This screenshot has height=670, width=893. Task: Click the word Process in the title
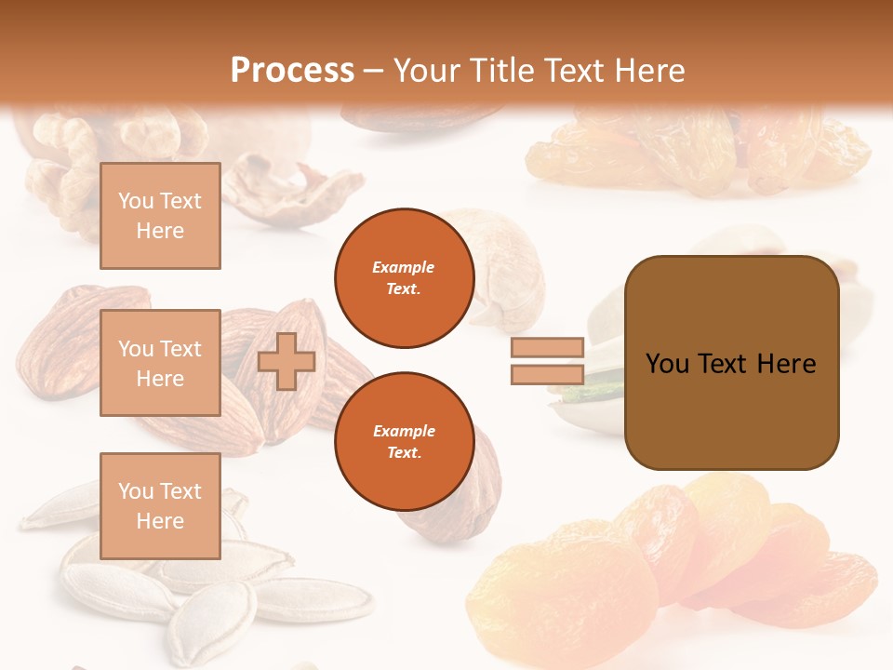coord(292,70)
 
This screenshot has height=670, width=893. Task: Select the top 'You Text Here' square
coord(160,216)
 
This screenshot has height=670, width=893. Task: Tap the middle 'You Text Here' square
coord(160,363)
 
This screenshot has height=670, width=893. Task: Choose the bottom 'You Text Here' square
coord(160,505)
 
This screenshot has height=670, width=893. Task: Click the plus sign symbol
coord(287,361)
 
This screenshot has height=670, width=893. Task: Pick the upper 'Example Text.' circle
coord(404,277)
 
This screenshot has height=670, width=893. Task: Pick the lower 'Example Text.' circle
coord(404,441)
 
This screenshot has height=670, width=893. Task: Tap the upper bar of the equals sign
coord(548,347)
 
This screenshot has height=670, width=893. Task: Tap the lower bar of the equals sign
coord(548,374)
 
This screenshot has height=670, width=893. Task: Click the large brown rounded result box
coord(731,363)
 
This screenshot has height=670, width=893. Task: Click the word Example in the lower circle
coord(404,431)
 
